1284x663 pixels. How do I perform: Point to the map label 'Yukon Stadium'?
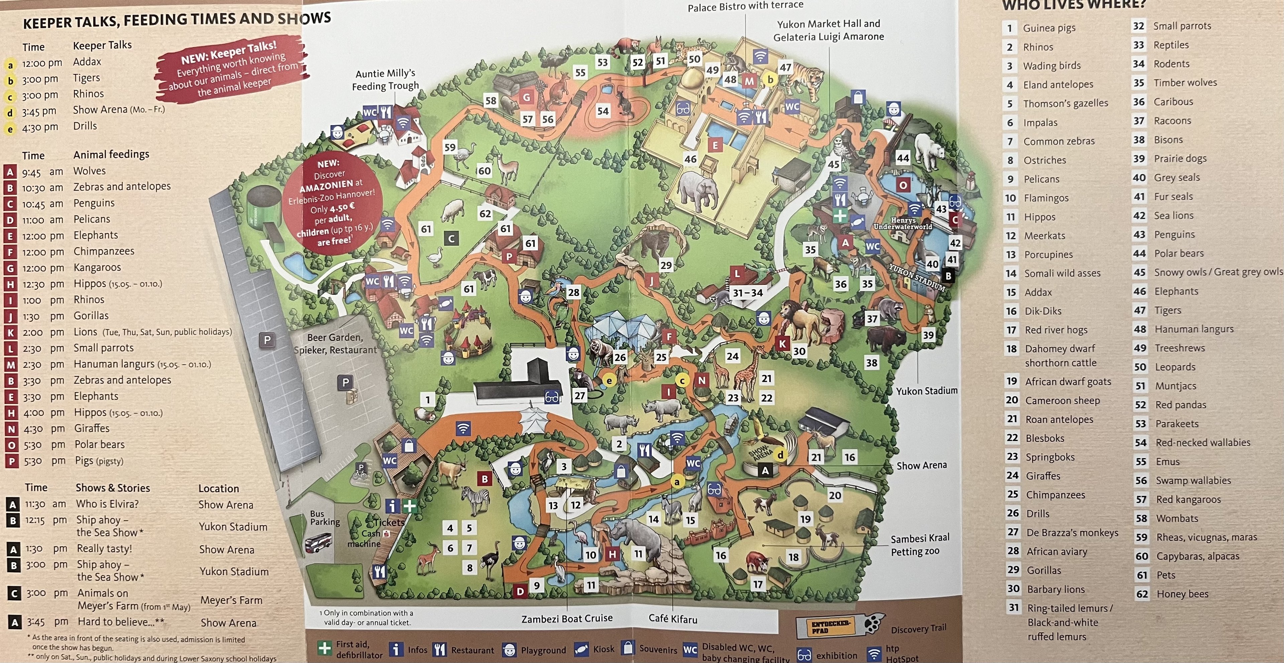[x=927, y=391]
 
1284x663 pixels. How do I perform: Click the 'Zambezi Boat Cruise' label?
[x=567, y=618]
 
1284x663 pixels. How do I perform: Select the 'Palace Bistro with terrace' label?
[x=745, y=6]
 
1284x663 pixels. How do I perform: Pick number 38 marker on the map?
[x=871, y=363]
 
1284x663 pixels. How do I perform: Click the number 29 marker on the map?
[x=666, y=265]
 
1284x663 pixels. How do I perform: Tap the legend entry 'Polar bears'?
[x=1178, y=253]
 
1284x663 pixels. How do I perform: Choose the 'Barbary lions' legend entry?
[x=1055, y=589]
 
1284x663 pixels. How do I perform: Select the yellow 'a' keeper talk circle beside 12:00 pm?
[x=10, y=65]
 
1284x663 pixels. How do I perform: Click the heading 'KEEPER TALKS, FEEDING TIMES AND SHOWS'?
[x=177, y=20]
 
